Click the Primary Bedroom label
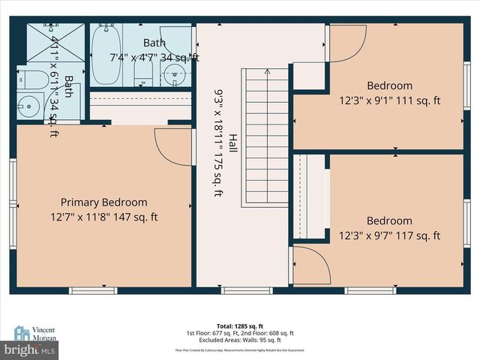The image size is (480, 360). pos(103,202)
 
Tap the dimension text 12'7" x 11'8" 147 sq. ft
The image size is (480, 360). pos(103,217)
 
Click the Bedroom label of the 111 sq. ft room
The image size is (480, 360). pos(388,85)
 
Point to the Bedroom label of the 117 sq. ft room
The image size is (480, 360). pos(388,220)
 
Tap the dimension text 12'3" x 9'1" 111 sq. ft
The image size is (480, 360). pos(388,100)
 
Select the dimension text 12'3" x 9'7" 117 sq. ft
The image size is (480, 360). pos(388,235)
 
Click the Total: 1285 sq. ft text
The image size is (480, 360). pos(240,326)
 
